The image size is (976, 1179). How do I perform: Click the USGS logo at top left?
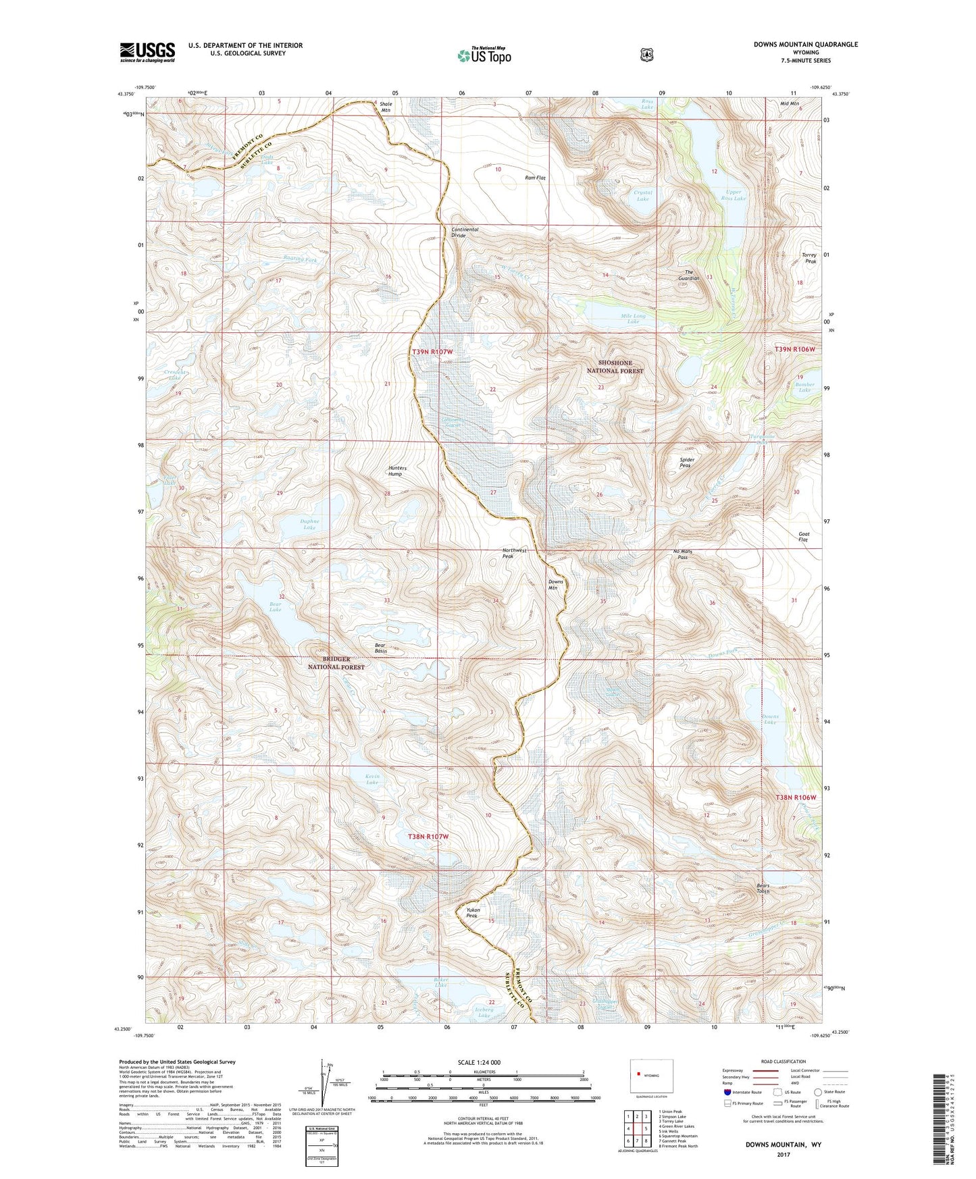tap(147, 52)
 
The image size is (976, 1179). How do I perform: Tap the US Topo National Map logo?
tap(484, 55)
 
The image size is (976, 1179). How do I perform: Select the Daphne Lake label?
tap(309, 524)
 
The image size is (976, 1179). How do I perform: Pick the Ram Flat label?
tap(535, 178)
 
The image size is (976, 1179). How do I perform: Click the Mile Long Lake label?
tap(633, 319)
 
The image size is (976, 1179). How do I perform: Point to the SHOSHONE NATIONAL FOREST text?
tap(615, 367)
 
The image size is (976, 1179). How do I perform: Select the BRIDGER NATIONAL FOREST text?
tap(336, 662)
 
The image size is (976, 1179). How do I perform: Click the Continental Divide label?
tap(465, 232)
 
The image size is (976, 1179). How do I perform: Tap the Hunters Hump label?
tap(395, 471)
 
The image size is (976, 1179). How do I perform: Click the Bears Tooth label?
tap(763, 888)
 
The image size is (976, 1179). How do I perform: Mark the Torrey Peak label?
tap(809, 258)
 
